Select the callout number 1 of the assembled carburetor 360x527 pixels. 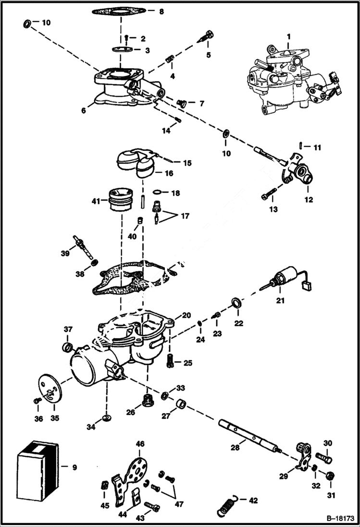click(x=288, y=37)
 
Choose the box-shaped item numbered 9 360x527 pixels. click(x=37, y=468)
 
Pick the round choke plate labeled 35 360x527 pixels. click(x=49, y=389)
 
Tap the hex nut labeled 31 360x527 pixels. click(x=330, y=476)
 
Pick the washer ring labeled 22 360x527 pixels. click(x=236, y=302)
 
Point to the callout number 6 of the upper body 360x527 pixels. click(x=84, y=110)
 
